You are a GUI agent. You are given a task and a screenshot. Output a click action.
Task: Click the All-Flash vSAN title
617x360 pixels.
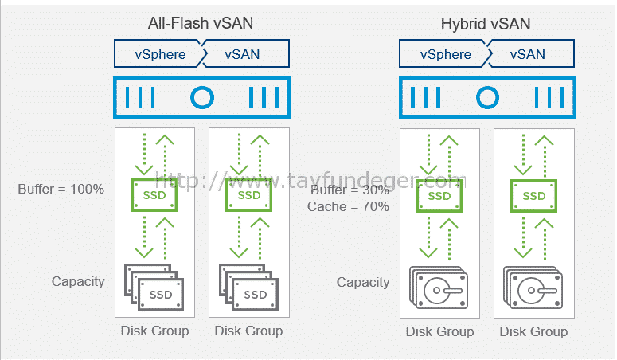click(201, 23)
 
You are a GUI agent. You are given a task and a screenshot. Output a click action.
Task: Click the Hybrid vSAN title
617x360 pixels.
click(486, 24)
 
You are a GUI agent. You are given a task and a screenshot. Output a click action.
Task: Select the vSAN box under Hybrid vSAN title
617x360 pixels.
click(530, 53)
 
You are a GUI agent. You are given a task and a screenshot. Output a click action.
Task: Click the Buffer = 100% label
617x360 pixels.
click(61, 189)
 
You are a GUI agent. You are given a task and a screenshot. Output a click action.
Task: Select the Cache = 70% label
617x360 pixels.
click(348, 206)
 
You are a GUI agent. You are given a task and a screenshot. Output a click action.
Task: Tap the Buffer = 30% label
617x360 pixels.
click(350, 190)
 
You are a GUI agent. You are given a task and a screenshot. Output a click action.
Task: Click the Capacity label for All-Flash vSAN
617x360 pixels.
click(78, 282)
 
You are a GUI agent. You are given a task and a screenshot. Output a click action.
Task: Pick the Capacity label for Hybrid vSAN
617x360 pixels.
click(363, 283)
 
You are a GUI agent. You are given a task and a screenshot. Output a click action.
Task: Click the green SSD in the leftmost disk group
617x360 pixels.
click(154, 195)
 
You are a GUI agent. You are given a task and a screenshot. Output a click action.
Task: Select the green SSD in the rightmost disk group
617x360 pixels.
click(533, 196)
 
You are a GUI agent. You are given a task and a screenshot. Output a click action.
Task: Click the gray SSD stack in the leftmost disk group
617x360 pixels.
click(154, 288)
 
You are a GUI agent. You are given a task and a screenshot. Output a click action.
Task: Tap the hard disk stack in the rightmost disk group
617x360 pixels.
click(533, 288)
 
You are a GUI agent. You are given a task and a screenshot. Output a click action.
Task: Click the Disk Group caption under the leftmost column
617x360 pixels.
click(154, 331)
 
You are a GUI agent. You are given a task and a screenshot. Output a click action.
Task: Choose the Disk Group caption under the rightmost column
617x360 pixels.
click(533, 331)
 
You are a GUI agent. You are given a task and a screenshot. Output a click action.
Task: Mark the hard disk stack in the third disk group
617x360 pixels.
click(439, 288)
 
